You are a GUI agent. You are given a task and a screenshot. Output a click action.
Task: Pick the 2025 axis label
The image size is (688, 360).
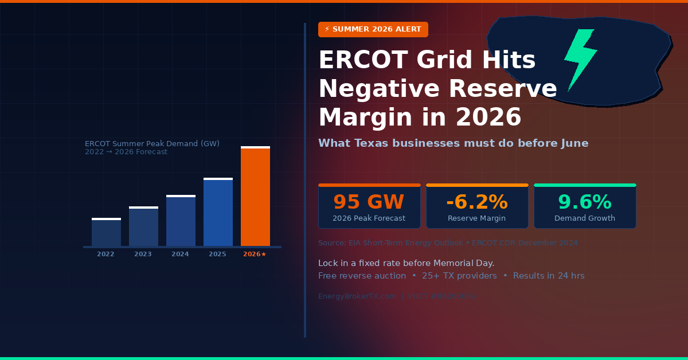(217, 254)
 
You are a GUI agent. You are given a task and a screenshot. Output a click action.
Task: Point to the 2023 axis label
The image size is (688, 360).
(143, 254)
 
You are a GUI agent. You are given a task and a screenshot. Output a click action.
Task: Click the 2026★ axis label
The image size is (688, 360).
(255, 254)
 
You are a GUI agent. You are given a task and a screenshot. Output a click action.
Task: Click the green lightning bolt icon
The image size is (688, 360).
(580, 59)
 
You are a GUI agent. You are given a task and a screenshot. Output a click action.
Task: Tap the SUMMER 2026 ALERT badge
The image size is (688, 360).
(373, 29)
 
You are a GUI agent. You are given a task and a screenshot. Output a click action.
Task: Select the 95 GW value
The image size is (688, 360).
(369, 202)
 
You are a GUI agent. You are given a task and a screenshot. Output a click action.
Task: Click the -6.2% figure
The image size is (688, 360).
(476, 202)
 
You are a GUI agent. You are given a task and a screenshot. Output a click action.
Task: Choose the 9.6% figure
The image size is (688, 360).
(584, 202)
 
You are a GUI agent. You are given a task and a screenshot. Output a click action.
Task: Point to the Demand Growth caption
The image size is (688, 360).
(584, 218)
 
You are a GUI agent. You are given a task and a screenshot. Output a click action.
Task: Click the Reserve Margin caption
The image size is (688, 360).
(476, 218)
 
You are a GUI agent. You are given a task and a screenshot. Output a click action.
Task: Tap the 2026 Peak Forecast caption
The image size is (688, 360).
(369, 218)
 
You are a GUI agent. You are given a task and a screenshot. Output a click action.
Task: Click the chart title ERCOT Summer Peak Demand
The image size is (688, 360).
(152, 143)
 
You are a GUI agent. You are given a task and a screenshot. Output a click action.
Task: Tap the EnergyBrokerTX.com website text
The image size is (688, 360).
(357, 296)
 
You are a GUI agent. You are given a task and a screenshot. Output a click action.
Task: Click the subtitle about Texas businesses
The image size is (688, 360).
(453, 143)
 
